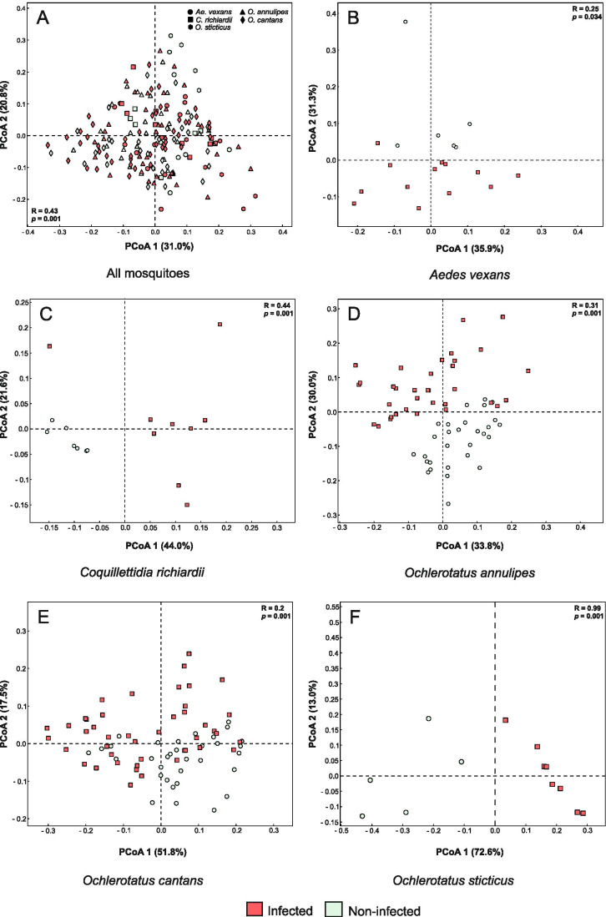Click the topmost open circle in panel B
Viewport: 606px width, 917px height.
[x=406, y=22]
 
